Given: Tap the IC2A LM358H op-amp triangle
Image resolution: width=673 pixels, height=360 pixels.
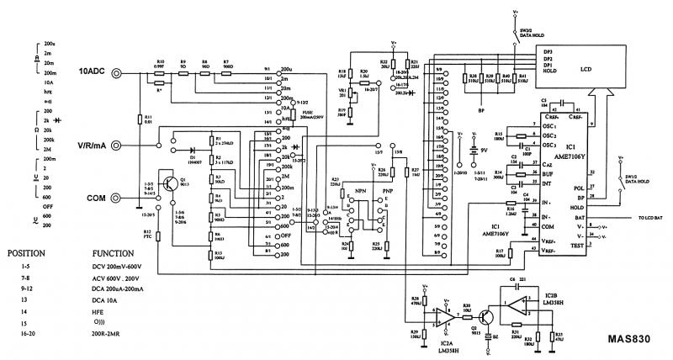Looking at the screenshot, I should [443, 316].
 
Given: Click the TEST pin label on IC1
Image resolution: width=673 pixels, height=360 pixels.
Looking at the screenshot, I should [576, 246].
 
